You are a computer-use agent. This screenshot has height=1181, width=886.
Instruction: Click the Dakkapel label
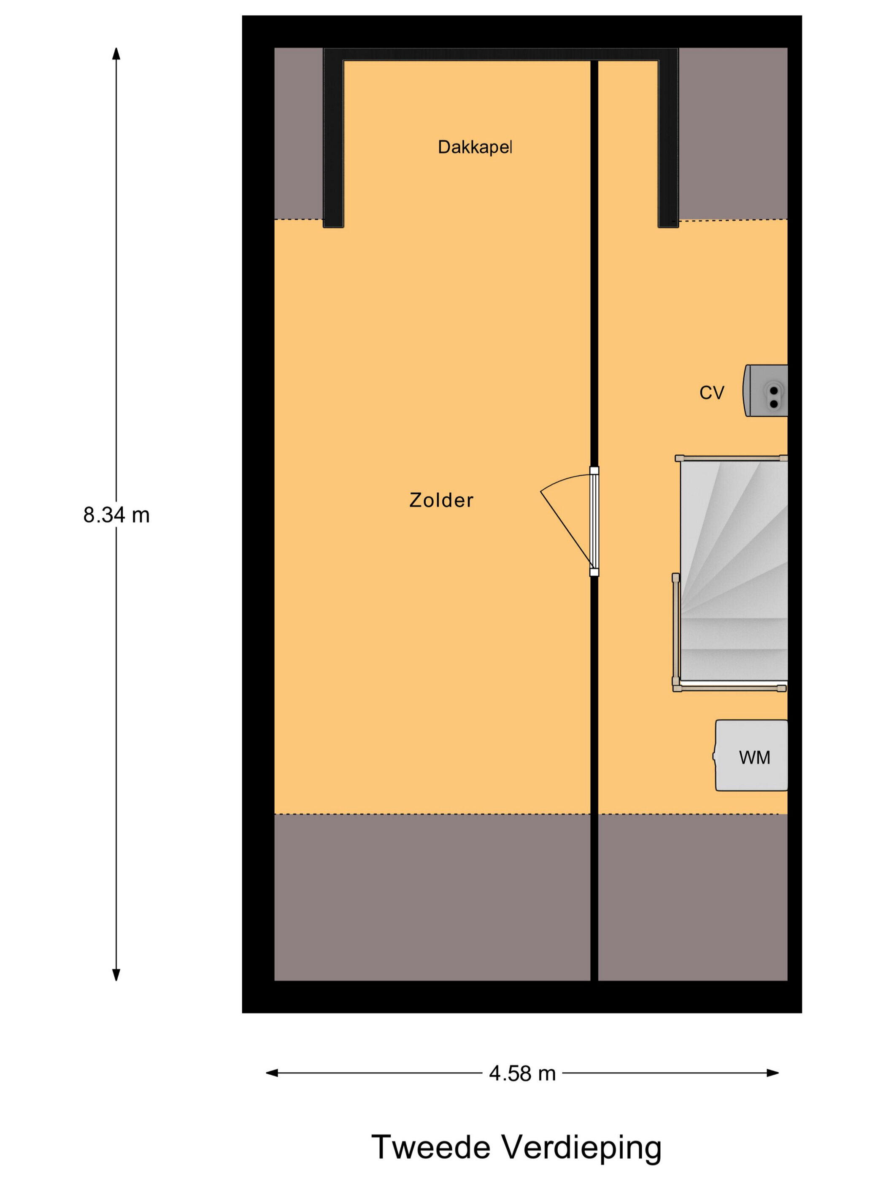click(x=474, y=147)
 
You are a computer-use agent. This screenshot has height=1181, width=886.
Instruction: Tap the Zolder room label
click(x=441, y=500)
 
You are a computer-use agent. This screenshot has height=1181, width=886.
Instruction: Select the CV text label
click(x=711, y=393)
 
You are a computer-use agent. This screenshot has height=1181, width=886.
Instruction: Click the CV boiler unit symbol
click(x=765, y=390)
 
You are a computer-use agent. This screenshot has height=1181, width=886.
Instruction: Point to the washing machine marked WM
click(x=751, y=755)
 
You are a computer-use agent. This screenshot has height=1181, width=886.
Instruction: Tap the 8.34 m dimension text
click(x=116, y=515)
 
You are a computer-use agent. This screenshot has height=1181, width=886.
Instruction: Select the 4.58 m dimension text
click(x=522, y=1073)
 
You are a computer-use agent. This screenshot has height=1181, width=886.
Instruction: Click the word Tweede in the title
click(x=430, y=1147)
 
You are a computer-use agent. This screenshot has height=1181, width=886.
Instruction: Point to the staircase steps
click(x=733, y=571)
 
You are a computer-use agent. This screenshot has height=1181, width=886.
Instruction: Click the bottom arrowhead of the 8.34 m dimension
click(x=116, y=976)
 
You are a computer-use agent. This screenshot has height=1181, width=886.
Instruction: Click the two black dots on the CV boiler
click(x=773, y=397)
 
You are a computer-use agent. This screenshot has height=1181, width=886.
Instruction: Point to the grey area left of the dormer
click(x=299, y=133)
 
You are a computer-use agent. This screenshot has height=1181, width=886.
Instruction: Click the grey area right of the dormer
click(x=733, y=133)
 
